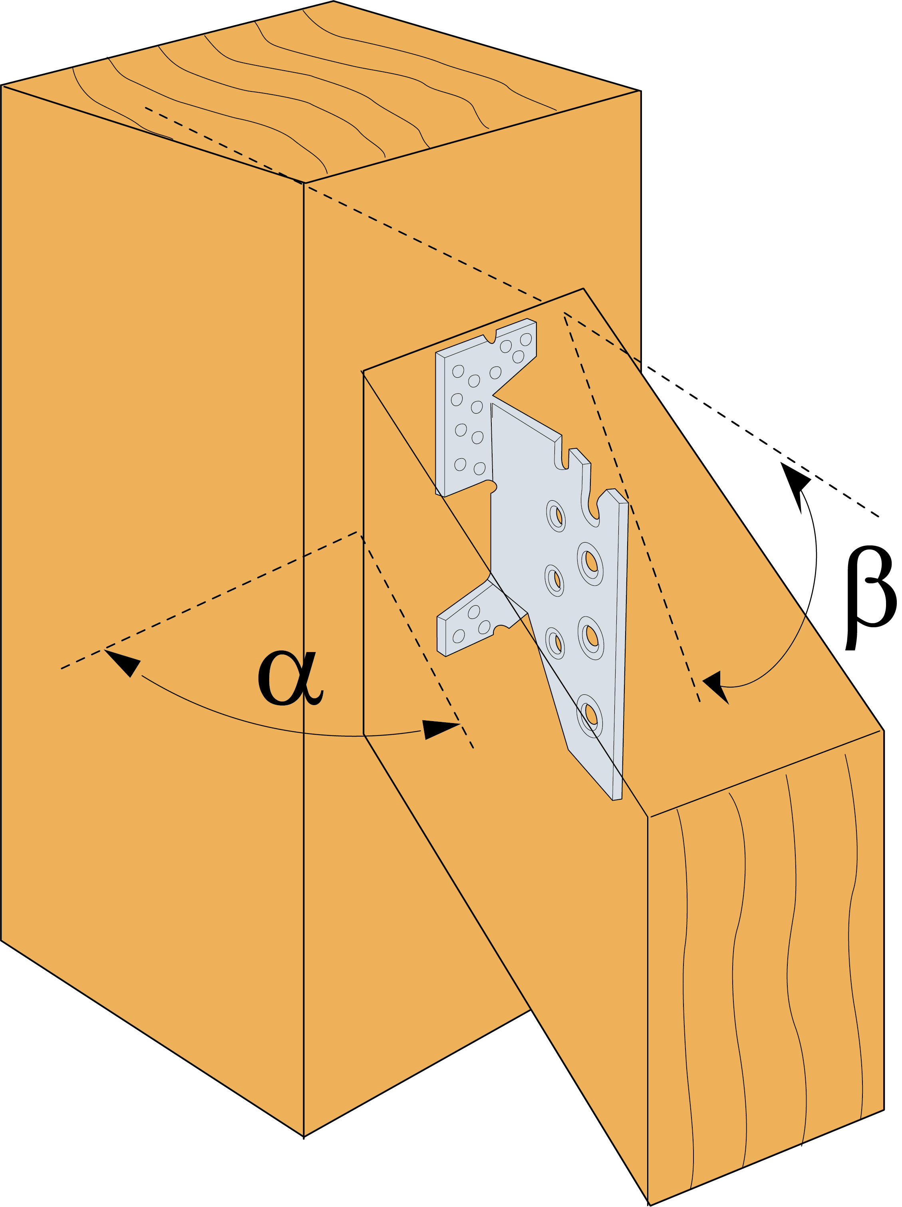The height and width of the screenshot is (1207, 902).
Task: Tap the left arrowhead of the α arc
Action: click(x=123, y=660)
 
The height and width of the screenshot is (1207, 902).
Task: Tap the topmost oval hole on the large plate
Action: click(x=556, y=515)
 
